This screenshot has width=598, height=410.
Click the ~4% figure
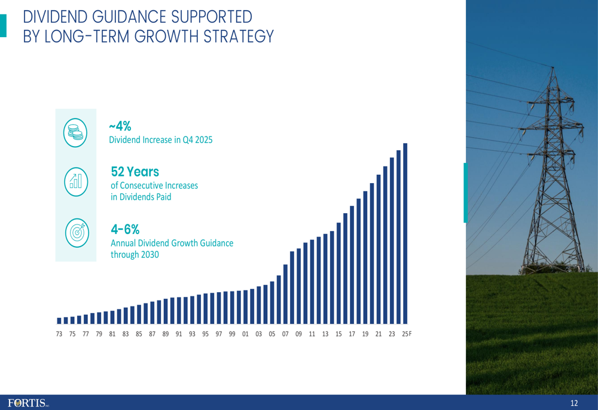[120, 126]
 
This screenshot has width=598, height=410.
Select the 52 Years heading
[135, 172]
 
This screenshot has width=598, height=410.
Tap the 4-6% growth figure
[125, 229]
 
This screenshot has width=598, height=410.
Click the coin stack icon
[75, 132]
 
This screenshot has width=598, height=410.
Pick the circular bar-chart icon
[75, 180]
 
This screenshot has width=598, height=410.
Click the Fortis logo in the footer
[28, 403]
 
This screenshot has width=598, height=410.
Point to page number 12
[574, 403]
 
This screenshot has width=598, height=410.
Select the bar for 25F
[405, 233]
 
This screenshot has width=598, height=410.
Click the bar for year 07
[286, 293]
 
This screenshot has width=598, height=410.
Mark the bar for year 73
[59, 320]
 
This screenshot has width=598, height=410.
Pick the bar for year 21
[379, 248]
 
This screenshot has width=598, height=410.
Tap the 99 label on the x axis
[232, 334]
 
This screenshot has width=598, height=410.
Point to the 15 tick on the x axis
[338, 334]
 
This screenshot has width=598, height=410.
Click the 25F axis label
[407, 334]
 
